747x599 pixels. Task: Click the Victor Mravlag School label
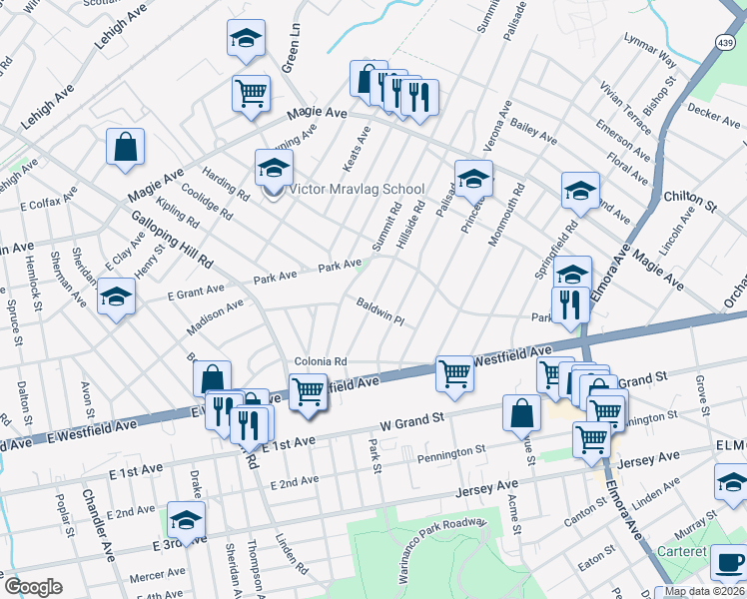click(357, 190)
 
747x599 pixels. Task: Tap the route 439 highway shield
click(725, 44)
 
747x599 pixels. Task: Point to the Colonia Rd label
click(320, 361)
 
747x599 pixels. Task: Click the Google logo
click(33, 587)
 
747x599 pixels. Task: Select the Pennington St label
click(452, 454)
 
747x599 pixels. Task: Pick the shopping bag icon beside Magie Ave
click(126, 147)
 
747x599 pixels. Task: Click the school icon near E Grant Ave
click(117, 297)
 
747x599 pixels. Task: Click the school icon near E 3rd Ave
click(186, 520)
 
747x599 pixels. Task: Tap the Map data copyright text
click(704, 591)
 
